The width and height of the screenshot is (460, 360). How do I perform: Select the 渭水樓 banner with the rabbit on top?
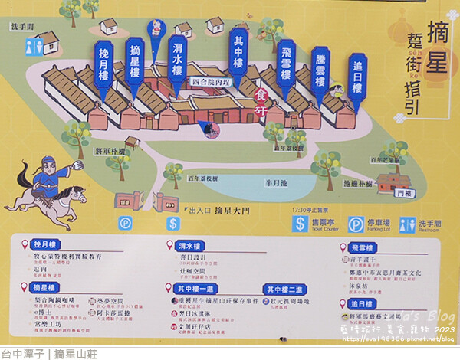click(177, 58)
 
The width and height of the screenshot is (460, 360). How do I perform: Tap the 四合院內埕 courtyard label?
click(211, 81)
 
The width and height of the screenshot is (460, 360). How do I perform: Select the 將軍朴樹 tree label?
click(110, 152)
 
